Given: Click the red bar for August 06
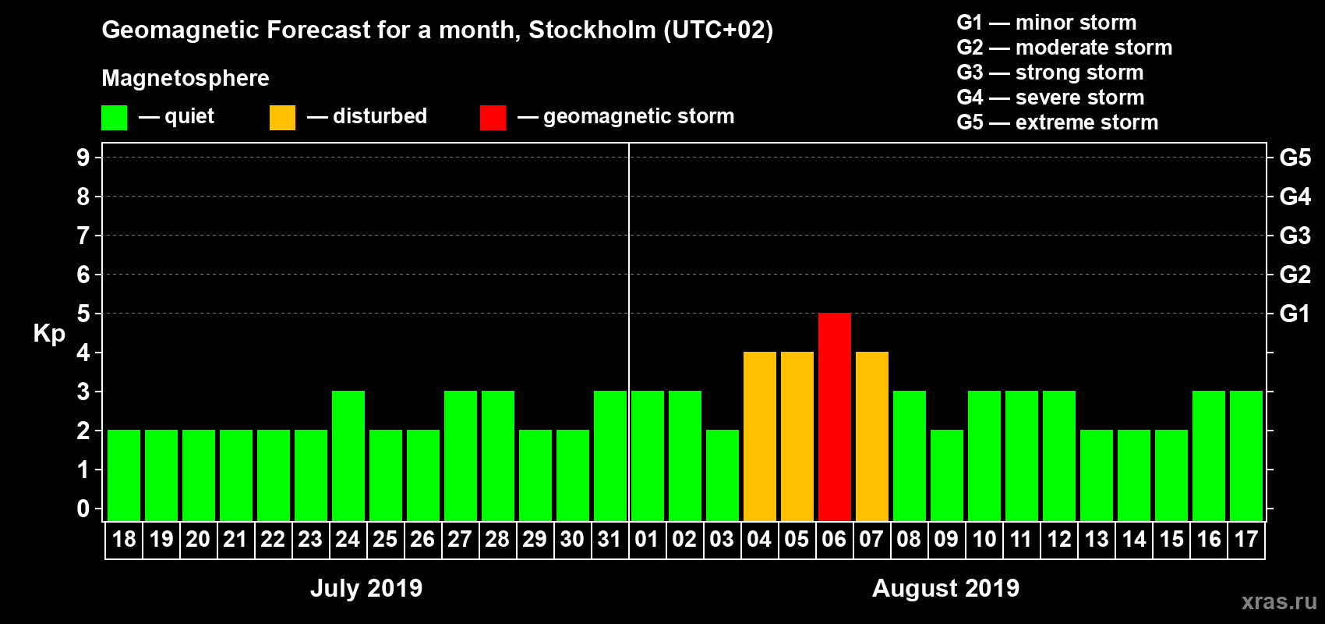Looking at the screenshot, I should pyautogui.click(x=834, y=417).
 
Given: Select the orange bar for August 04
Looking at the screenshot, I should pyautogui.click(x=759, y=436).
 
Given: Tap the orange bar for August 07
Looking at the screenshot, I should pyautogui.click(x=871, y=436).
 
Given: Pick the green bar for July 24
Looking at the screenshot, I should pyautogui.click(x=348, y=456).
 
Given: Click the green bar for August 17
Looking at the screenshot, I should pyautogui.click(x=1245, y=456).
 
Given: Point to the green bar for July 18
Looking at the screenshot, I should pyautogui.click(x=123, y=475).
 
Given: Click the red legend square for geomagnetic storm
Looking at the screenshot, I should pyautogui.click(x=493, y=118).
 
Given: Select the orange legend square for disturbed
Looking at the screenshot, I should pyautogui.click(x=282, y=118).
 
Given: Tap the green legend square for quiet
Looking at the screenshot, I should pyautogui.click(x=114, y=118).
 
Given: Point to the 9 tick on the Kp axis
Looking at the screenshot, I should pyautogui.click(x=83, y=158).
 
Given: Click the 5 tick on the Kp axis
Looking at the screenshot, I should pyautogui.click(x=83, y=314).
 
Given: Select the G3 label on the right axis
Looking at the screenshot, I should pyautogui.click(x=1295, y=236).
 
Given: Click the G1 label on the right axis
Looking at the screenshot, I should pyautogui.click(x=1295, y=314).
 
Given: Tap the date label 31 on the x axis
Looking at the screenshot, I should pyautogui.click(x=609, y=540).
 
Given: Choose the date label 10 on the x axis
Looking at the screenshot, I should pyautogui.click(x=984, y=540).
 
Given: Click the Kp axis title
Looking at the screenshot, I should pyautogui.click(x=49, y=334).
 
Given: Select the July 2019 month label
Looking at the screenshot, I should pyautogui.click(x=366, y=588).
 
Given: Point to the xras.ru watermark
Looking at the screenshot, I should pyautogui.click(x=1278, y=601).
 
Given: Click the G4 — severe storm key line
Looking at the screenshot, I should pyautogui.click(x=1051, y=97).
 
